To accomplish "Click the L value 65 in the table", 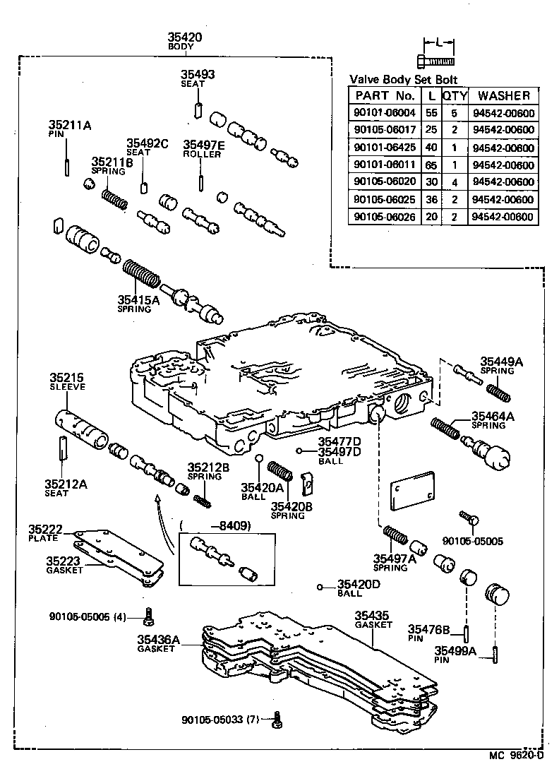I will [x=431, y=165].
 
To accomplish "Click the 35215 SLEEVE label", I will [x=66, y=381].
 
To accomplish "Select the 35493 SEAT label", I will [x=197, y=78].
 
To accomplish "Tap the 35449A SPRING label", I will [x=502, y=364].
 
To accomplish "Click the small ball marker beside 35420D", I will [x=320, y=588].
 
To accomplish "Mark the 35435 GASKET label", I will [x=372, y=620].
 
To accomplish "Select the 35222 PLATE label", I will [x=46, y=533].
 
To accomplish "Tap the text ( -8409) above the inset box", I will [x=215, y=525].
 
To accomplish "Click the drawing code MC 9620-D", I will [x=517, y=756].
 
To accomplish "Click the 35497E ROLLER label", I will [x=204, y=148].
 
